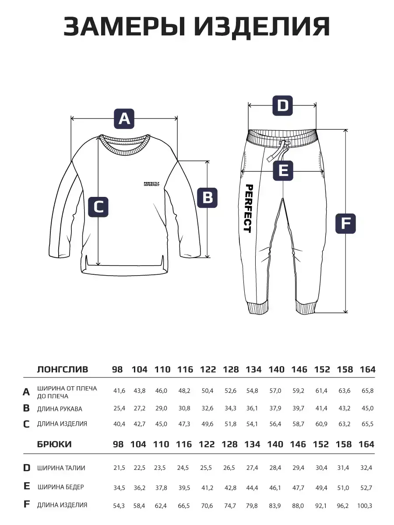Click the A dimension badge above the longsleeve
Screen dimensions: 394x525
point(124,118)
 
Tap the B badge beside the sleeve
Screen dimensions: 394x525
point(208,197)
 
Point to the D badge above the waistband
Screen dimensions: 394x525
point(283,105)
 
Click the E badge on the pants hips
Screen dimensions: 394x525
point(283,170)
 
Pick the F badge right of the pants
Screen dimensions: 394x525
point(346,224)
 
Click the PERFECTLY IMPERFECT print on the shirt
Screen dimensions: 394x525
point(151,184)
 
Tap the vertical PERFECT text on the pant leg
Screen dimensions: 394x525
point(248,208)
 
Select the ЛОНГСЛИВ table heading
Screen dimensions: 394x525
point(63,369)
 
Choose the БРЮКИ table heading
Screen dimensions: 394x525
point(54,444)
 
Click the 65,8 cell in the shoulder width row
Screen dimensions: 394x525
point(367,390)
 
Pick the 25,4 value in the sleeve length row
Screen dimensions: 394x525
point(119,408)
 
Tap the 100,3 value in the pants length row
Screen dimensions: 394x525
point(365,505)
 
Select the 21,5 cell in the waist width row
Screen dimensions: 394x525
point(119,468)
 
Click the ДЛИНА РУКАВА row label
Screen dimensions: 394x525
point(60,409)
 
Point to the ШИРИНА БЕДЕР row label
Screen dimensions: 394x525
point(60,486)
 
